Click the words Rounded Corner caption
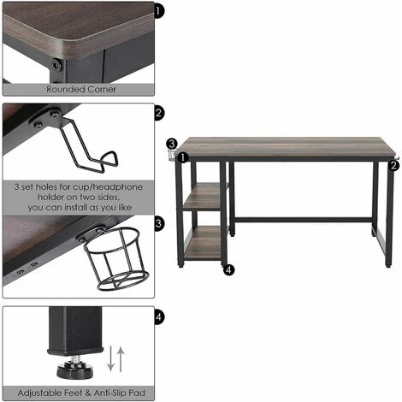click(x=81, y=89)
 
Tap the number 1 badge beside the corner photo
click(x=159, y=12)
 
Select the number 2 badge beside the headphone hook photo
click(x=159, y=113)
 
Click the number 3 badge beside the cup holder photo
click(x=159, y=223)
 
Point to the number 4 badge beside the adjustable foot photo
click(x=159, y=316)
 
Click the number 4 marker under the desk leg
click(x=229, y=269)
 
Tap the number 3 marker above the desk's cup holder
click(x=172, y=144)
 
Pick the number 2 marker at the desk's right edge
click(x=393, y=165)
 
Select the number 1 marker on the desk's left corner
click(x=182, y=157)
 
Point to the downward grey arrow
click(x=110, y=358)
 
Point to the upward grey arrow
click(x=121, y=358)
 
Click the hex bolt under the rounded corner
click(x=56, y=65)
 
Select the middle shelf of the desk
click(x=203, y=197)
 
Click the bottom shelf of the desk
click(x=203, y=242)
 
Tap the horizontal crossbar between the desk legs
click(x=304, y=220)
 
